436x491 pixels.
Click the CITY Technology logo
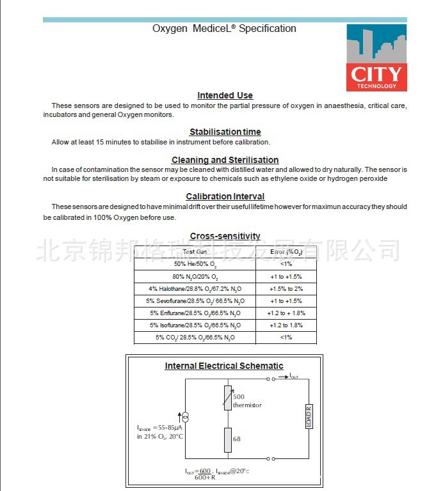(376, 58)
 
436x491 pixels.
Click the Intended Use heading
(225, 95)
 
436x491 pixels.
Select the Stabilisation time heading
(225, 132)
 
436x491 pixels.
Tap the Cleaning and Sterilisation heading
(225, 160)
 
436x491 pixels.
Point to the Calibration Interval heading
(225, 196)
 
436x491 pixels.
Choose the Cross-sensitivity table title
(225, 236)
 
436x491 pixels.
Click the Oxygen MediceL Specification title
(224, 29)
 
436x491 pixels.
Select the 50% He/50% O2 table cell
(195, 264)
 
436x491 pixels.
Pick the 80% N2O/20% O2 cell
(195, 277)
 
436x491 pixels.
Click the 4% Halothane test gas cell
(195, 289)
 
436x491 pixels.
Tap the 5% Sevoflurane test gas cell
(195, 301)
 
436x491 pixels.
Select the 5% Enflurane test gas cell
(195, 313)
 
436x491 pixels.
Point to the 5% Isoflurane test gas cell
(195, 325)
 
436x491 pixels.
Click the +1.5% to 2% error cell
(286, 289)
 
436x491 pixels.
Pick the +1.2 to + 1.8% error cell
(286, 313)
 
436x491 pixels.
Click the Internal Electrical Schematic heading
(224, 366)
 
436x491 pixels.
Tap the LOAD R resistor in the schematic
(309, 416)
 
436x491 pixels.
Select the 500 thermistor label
(246, 401)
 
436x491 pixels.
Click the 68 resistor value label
(237, 439)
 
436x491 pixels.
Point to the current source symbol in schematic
(186, 416)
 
